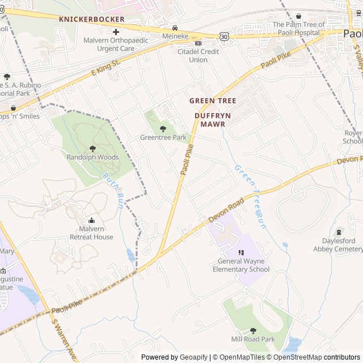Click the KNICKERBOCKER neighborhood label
pyautogui.click(x=91, y=19)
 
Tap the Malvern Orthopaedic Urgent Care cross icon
pyautogui.click(x=116, y=32)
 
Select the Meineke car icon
pyautogui.click(x=175, y=28)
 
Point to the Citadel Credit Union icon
pyautogui.click(x=198, y=43)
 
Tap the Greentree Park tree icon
pyautogui.click(x=163, y=129)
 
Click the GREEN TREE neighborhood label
pyautogui.click(x=213, y=100)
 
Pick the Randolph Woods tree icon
pyautogui.click(x=93, y=149)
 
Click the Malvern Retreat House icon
pyautogui.click(x=92, y=221)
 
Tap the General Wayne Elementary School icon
pyautogui.click(x=241, y=253)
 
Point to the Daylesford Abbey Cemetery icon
pyautogui.click(x=339, y=231)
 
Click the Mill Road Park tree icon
pyautogui.click(x=253, y=330)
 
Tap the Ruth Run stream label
pyautogui.click(x=112, y=192)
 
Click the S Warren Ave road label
pyautogui.click(x=63, y=339)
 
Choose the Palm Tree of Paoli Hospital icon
pyautogui.click(x=299, y=16)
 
